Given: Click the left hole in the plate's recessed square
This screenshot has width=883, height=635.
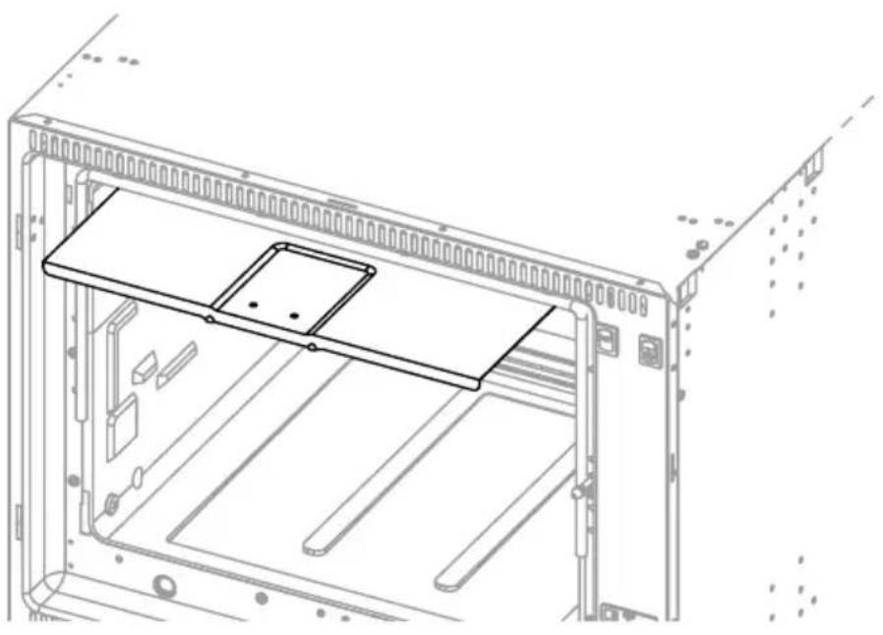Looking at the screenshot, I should click(253, 306).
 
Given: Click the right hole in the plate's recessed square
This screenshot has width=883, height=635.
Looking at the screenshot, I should click(294, 316).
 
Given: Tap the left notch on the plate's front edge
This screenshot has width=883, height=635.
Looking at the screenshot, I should click(209, 318).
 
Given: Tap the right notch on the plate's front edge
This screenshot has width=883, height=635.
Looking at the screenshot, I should click(312, 346).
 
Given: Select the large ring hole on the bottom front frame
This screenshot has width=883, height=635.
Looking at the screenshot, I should click(165, 586).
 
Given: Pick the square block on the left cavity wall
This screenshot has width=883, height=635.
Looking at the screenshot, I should click(122, 429).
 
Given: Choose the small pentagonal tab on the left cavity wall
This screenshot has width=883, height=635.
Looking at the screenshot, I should click(144, 368).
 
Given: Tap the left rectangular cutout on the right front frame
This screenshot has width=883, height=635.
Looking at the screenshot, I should click(607, 337).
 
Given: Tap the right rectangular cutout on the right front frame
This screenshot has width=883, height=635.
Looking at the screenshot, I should click(650, 351).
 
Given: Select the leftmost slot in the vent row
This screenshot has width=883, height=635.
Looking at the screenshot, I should click(34, 141).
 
